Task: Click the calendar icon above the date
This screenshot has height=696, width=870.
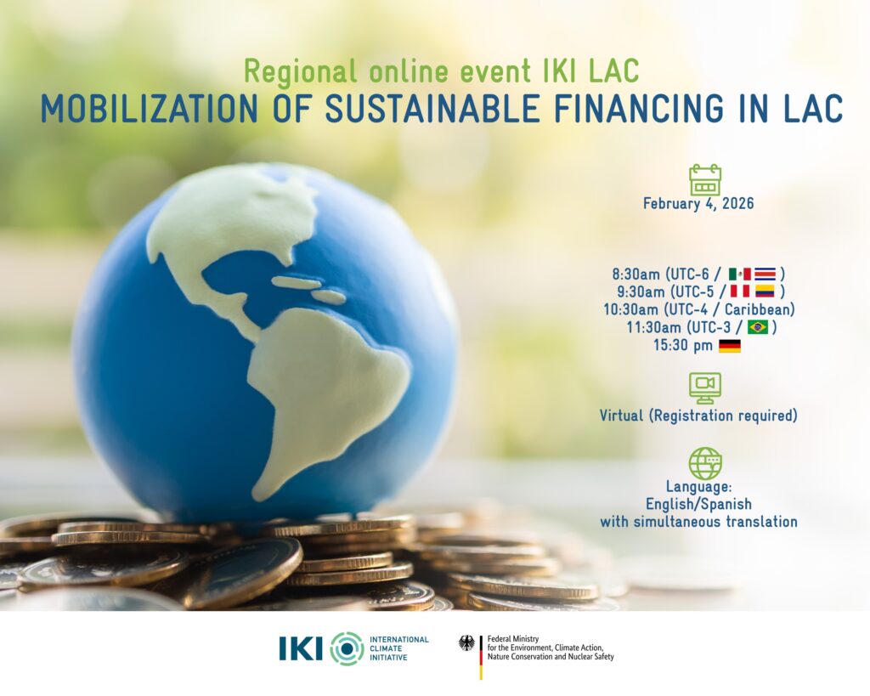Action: pos(704,180)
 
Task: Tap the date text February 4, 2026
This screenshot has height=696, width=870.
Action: pos(698,203)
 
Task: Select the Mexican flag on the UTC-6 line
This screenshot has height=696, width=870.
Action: pos(740,274)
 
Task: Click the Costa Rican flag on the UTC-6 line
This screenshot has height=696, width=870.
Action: pos(765,274)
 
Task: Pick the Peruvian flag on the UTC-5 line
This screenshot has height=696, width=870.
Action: pos(740,291)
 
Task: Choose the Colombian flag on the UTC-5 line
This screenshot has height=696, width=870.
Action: pos(765,291)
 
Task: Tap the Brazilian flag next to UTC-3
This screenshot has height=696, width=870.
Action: pos(757,327)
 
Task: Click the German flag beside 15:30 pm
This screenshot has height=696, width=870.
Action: pos(730,346)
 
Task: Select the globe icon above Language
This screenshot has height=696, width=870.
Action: pos(704,463)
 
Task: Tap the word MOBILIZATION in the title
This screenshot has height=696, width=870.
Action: pos(150,108)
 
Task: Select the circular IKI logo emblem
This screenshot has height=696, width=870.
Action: pos(347,648)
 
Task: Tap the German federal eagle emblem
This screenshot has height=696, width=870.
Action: pos(466,643)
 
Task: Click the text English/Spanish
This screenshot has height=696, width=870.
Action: pos(698,504)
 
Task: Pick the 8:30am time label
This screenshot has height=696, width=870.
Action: pos(636,274)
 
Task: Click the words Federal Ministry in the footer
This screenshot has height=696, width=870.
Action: pos(513,639)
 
